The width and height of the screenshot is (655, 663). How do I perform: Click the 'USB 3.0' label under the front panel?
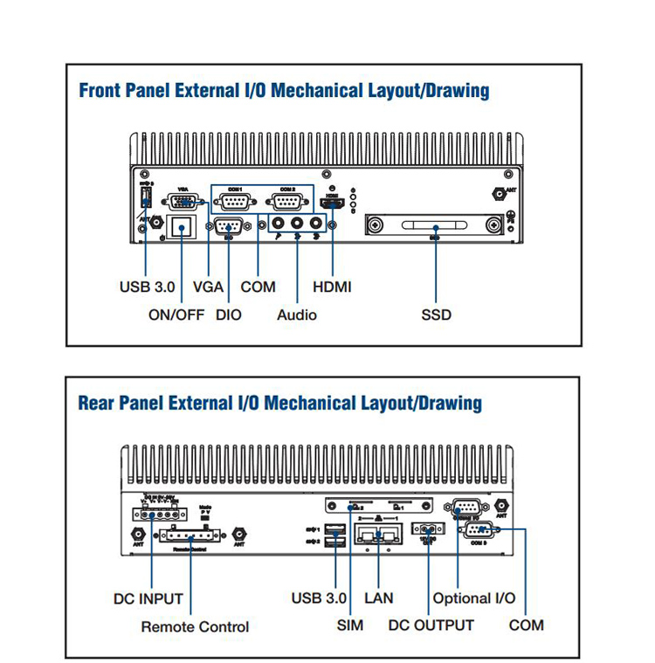147,287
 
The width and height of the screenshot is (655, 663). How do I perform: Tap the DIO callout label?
229,314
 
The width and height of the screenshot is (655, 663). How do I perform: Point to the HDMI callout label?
332,287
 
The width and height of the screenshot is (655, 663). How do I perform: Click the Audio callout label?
297,314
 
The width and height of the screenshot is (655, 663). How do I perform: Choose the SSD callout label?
436,314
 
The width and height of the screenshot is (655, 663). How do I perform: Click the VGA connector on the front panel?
182,203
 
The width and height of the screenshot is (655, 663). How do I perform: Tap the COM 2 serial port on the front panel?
289,203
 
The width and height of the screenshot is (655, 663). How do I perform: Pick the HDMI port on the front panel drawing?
333,204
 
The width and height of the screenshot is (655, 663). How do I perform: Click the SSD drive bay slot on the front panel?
435,225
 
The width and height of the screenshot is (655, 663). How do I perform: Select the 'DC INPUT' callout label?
148,599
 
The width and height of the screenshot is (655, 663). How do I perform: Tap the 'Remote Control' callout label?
195,627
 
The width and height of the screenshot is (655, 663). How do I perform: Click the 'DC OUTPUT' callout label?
431,625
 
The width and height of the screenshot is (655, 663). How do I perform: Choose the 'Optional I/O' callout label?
473,599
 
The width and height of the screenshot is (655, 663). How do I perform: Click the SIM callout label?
350,625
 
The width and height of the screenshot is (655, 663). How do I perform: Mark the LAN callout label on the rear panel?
378,598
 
